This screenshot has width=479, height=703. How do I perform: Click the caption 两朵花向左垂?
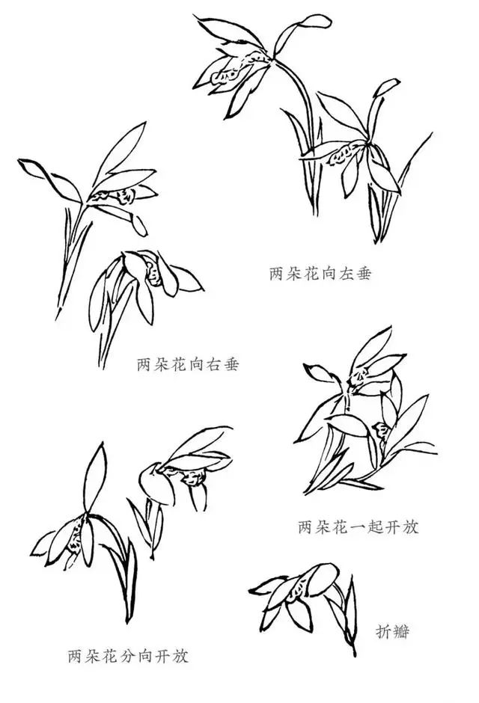point(320,274)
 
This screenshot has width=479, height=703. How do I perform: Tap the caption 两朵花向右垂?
point(188,364)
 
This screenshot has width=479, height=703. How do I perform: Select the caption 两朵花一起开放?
point(358,527)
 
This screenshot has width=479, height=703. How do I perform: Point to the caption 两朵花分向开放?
point(128,657)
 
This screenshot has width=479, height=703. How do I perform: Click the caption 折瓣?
point(392,632)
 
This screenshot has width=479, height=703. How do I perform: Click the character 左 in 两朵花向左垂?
point(347,274)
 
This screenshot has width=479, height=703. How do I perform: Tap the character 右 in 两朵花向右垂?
point(214,364)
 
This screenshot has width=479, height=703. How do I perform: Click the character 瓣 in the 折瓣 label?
point(401,632)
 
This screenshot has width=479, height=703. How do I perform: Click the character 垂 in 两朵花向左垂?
point(364,274)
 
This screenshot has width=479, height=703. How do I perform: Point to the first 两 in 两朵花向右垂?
point(144,364)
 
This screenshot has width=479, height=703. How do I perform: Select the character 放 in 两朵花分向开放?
point(180,657)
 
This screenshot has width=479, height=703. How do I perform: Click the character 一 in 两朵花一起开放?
point(358,527)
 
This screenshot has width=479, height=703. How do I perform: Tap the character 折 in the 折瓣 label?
point(384,632)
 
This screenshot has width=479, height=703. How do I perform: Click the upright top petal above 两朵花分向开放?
point(95,477)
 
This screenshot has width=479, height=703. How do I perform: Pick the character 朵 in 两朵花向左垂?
point(294,274)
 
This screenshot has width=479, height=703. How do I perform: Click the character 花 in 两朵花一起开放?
point(341,527)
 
